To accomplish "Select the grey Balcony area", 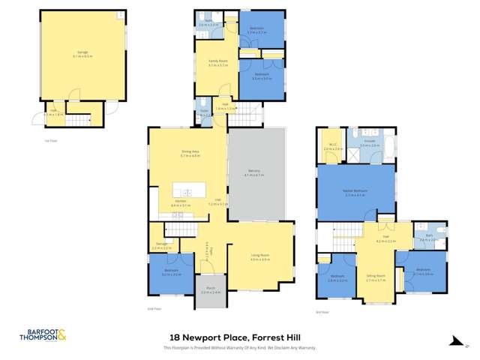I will point(257,174).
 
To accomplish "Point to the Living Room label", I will point(259,256).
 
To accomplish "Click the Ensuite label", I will point(370,142).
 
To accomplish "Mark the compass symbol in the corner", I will point(456,343).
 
